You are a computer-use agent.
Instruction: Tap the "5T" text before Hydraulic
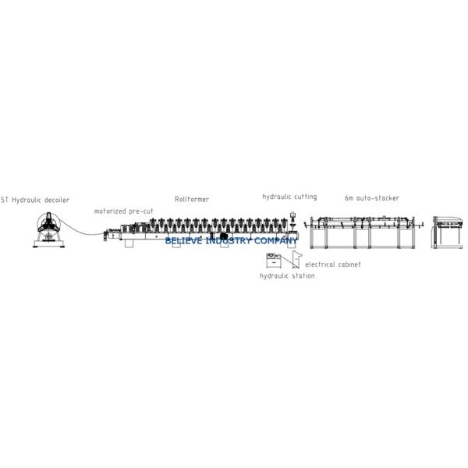[5, 200]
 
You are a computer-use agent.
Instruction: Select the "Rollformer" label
[191, 200]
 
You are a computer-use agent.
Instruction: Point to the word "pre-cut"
[141, 211]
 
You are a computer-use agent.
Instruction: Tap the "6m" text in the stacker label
[350, 198]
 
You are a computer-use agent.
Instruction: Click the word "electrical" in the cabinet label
[320, 265]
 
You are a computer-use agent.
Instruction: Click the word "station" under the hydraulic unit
[301, 277]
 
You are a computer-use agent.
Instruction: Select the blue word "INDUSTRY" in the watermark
[225, 242]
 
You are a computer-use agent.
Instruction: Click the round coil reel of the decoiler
[48, 227]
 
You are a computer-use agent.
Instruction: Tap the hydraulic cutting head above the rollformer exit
[293, 218]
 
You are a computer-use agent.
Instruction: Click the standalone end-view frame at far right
[448, 232]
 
